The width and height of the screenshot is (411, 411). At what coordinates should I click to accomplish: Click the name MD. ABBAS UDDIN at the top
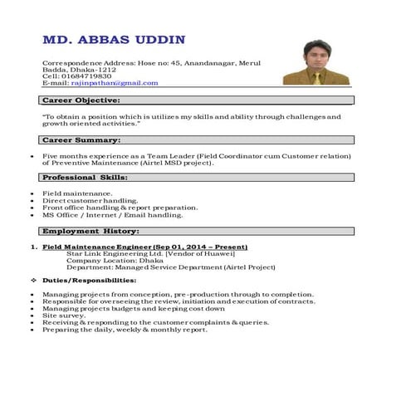click(114, 40)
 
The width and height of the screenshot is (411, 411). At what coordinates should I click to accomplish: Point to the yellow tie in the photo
click(316, 77)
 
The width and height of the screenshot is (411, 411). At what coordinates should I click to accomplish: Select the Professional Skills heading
click(85, 177)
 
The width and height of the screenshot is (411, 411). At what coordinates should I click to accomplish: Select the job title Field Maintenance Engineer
click(97, 247)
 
